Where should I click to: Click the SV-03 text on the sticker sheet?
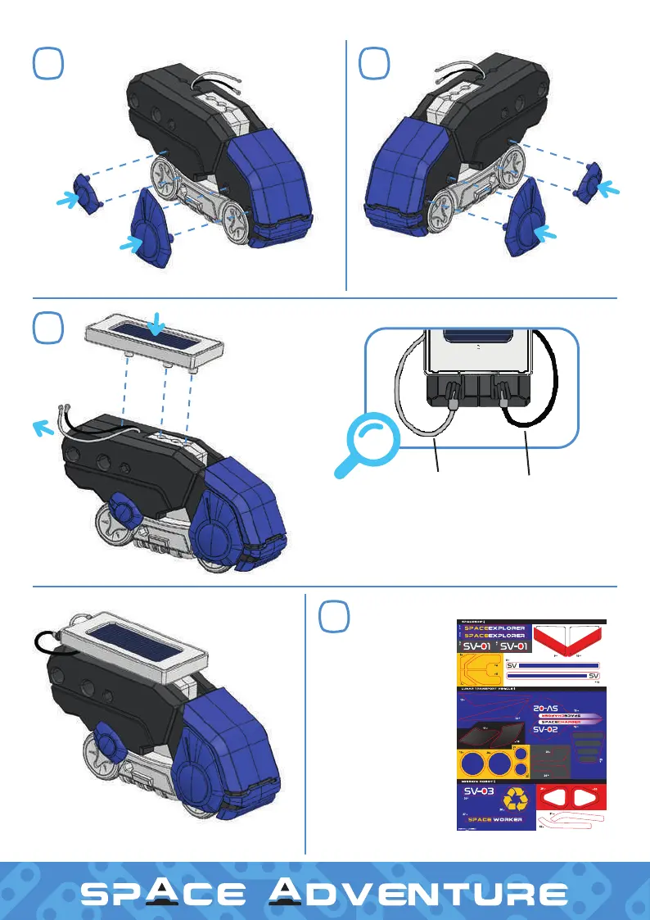coord(481,793)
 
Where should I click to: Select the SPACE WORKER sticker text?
coord(494,818)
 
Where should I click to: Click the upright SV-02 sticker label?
coord(551,728)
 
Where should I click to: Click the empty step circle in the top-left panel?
coord(48,62)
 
